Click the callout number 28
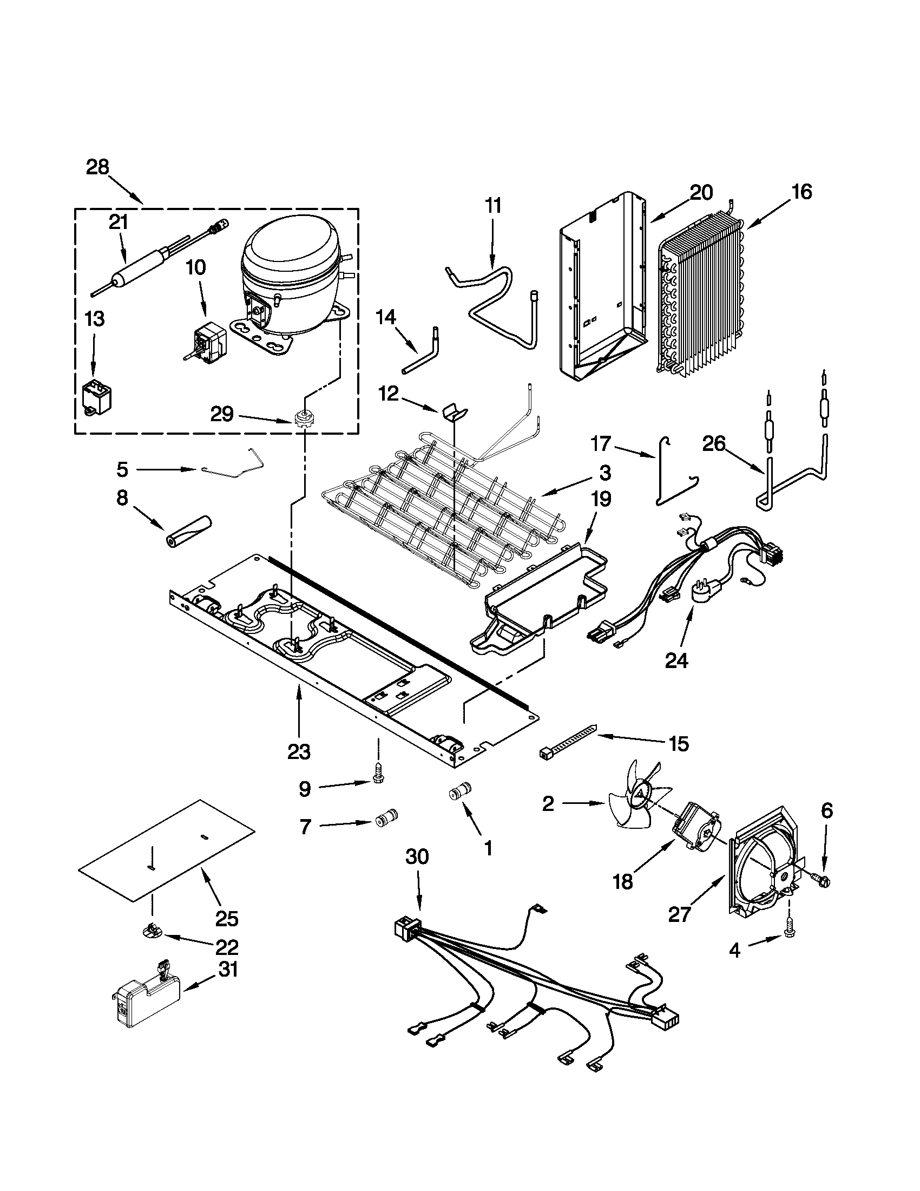(97, 167)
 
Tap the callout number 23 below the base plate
(299, 752)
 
